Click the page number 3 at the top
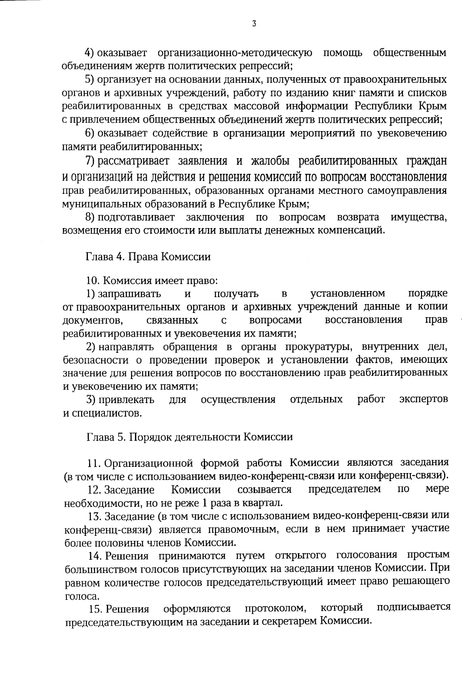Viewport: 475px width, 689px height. (x=254, y=24)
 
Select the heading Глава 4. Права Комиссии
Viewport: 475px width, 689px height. (x=148, y=257)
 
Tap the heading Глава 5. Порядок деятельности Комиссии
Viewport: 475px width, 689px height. (x=190, y=437)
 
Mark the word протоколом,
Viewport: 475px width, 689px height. (x=275, y=608)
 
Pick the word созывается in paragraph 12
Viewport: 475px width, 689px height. (x=264, y=490)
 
